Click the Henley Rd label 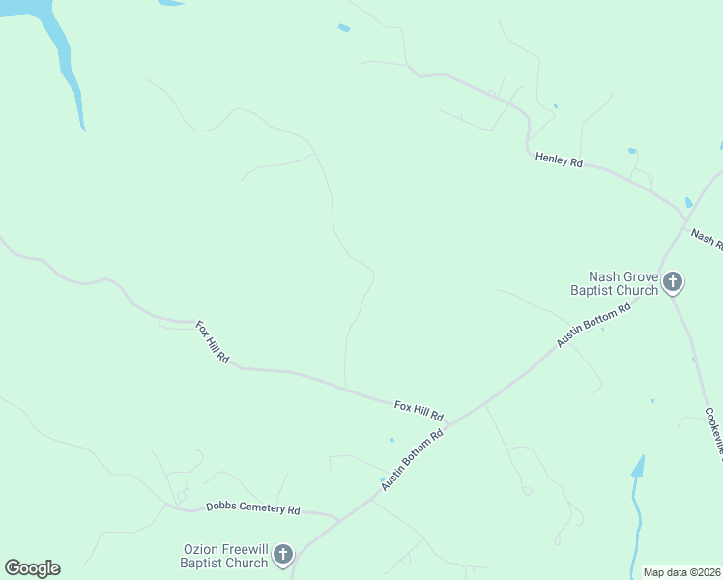point(559,160)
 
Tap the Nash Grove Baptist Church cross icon point(673,283)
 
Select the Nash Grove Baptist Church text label point(614,283)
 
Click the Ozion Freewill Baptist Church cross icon point(283,555)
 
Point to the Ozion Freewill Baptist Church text point(225,556)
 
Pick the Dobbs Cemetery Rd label point(253,509)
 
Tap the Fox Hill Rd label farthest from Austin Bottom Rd point(212,342)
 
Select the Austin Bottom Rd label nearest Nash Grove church point(593,325)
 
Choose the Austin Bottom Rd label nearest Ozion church point(411,460)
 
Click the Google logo point(32,568)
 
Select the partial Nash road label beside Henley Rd point(706,238)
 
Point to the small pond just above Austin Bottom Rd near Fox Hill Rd point(391,440)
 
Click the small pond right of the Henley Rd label point(632,151)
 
